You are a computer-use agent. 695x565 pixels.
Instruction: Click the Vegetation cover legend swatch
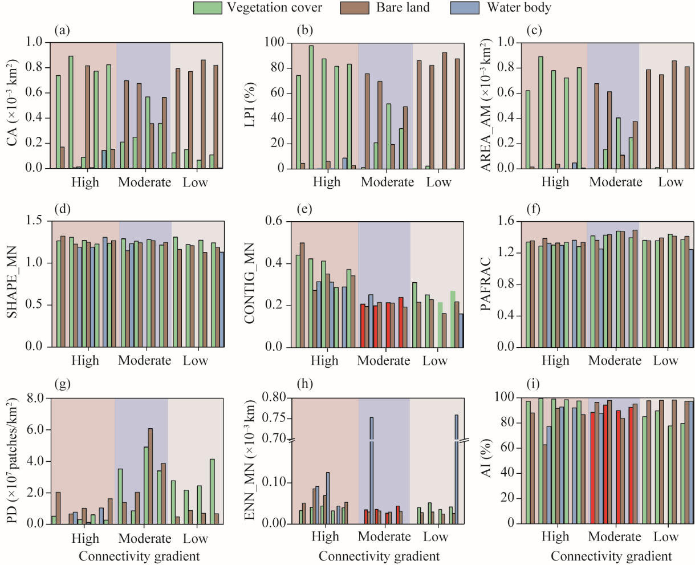(208, 8)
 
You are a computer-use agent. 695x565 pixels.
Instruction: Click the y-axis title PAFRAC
(486, 284)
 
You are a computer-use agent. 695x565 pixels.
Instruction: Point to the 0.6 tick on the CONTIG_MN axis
(273, 221)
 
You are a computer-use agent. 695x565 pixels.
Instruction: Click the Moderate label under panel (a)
(144, 182)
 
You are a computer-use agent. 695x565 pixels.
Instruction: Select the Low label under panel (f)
(665, 360)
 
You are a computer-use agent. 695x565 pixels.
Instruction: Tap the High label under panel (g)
(85, 538)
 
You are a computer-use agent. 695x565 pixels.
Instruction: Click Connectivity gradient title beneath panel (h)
(379, 556)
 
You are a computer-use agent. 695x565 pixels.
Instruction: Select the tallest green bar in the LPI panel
(311, 107)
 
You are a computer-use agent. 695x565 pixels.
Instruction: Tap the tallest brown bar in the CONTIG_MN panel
(302, 295)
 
